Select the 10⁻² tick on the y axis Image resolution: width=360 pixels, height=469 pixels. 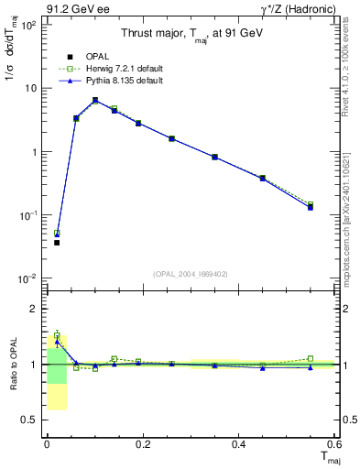point(29,278)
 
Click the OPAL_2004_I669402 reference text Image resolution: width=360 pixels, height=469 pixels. point(191,272)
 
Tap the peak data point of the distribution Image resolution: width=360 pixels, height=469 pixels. point(95,100)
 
